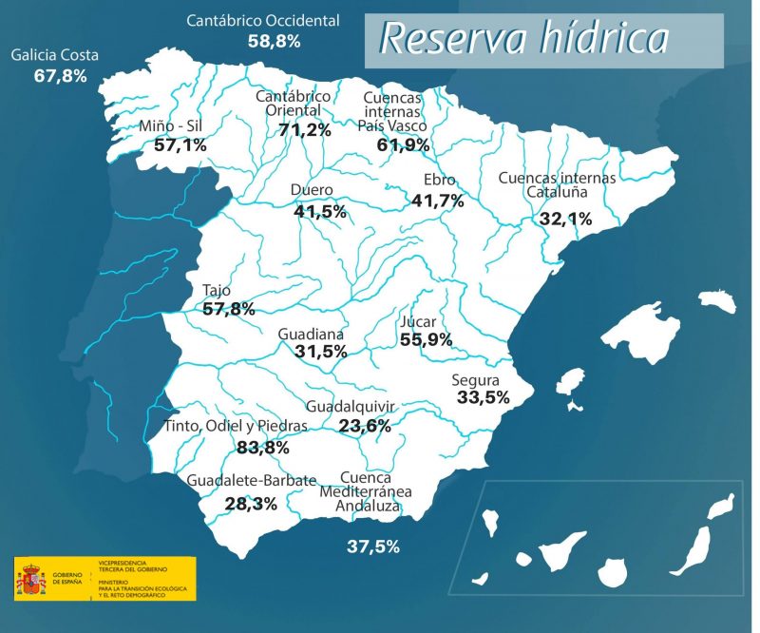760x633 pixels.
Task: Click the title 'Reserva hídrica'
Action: click(523, 39)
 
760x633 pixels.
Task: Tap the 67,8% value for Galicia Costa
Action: click(60, 75)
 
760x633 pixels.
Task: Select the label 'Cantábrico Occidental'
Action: click(263, 20)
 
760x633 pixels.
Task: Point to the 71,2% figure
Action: click(304, 129)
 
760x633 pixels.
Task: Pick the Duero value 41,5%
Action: click(319, 211)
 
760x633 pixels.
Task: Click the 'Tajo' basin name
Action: click(217, 291)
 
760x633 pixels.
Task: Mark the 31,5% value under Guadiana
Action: click(320, 352)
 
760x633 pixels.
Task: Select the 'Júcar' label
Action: click(418, 321)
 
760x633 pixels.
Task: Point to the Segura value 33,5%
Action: click(483, 397)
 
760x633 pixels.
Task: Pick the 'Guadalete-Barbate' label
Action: click(251, 481)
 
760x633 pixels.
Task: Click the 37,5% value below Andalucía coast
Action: click(372, 547)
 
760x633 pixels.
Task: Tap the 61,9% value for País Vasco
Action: click(403, 145)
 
